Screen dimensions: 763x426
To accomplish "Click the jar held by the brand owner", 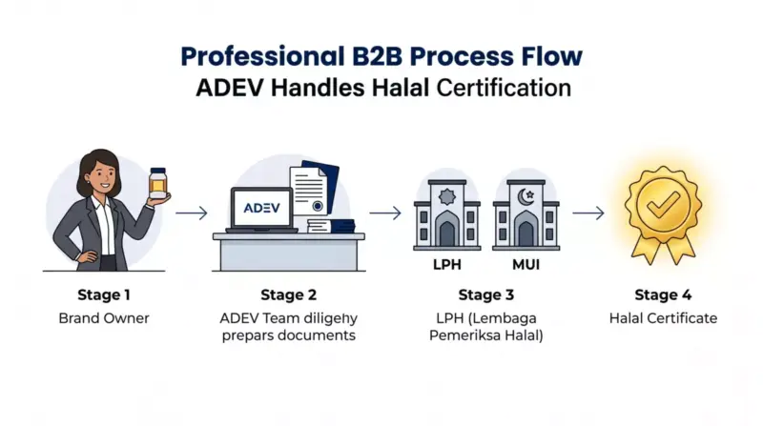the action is (x=158, y=183).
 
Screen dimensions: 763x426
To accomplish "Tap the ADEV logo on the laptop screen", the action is (x=261, y=208).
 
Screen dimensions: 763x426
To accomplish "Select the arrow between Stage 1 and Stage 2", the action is (x=192, y=213).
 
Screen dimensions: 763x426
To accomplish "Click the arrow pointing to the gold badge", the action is (x=588, y=213).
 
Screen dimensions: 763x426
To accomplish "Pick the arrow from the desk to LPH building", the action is (x=385, y=213).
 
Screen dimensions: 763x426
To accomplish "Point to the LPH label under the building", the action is (x=447, y=265).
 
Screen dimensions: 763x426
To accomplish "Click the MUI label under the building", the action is (x=526, y=265).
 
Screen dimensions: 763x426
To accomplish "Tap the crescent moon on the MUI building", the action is (x=525, y=197).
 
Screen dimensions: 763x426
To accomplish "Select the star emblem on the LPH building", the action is (x=447, y=197).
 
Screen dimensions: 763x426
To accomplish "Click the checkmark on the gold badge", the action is (x=663, y=204).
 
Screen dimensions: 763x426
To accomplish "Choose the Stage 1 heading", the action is (x=104, y=294).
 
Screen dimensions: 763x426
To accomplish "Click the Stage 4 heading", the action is (x=663, y=294).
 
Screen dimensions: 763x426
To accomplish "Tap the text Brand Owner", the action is (x=104, y=318).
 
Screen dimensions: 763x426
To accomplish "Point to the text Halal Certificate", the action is (x=663, y=318).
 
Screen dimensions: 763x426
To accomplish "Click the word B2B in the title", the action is (x=377, y=56).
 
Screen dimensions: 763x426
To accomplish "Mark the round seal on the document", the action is (x=318, y=206).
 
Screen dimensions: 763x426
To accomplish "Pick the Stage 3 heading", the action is (x=486, y=294).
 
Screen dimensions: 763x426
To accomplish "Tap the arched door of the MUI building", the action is (x=526, y=230).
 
